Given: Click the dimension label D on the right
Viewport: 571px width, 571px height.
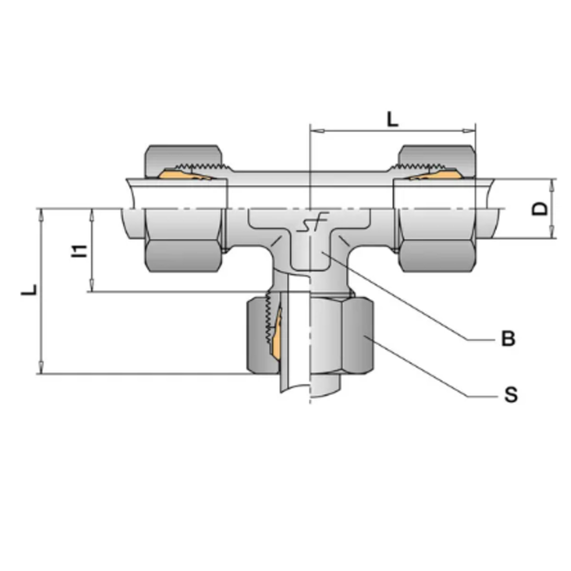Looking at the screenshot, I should point(539,207).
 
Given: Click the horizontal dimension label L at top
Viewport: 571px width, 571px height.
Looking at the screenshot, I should point(392,119).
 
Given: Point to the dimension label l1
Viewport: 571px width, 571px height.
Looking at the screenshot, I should point(79,250).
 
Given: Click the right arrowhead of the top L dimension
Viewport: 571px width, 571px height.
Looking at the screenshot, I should point(471,129).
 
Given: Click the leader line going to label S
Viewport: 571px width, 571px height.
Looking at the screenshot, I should point(440,375).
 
